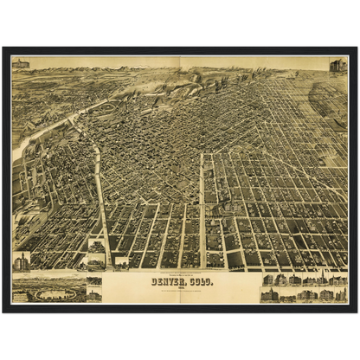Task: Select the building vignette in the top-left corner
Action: pos(21,63)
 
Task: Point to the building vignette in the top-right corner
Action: pos(337,65)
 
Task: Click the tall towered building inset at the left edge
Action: pos(21,261)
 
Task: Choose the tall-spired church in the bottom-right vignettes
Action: pos(319,280)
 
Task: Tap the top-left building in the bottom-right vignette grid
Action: pos(267,280)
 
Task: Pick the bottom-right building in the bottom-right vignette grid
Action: pos(340,295)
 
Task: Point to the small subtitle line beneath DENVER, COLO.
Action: pos(182,290)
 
